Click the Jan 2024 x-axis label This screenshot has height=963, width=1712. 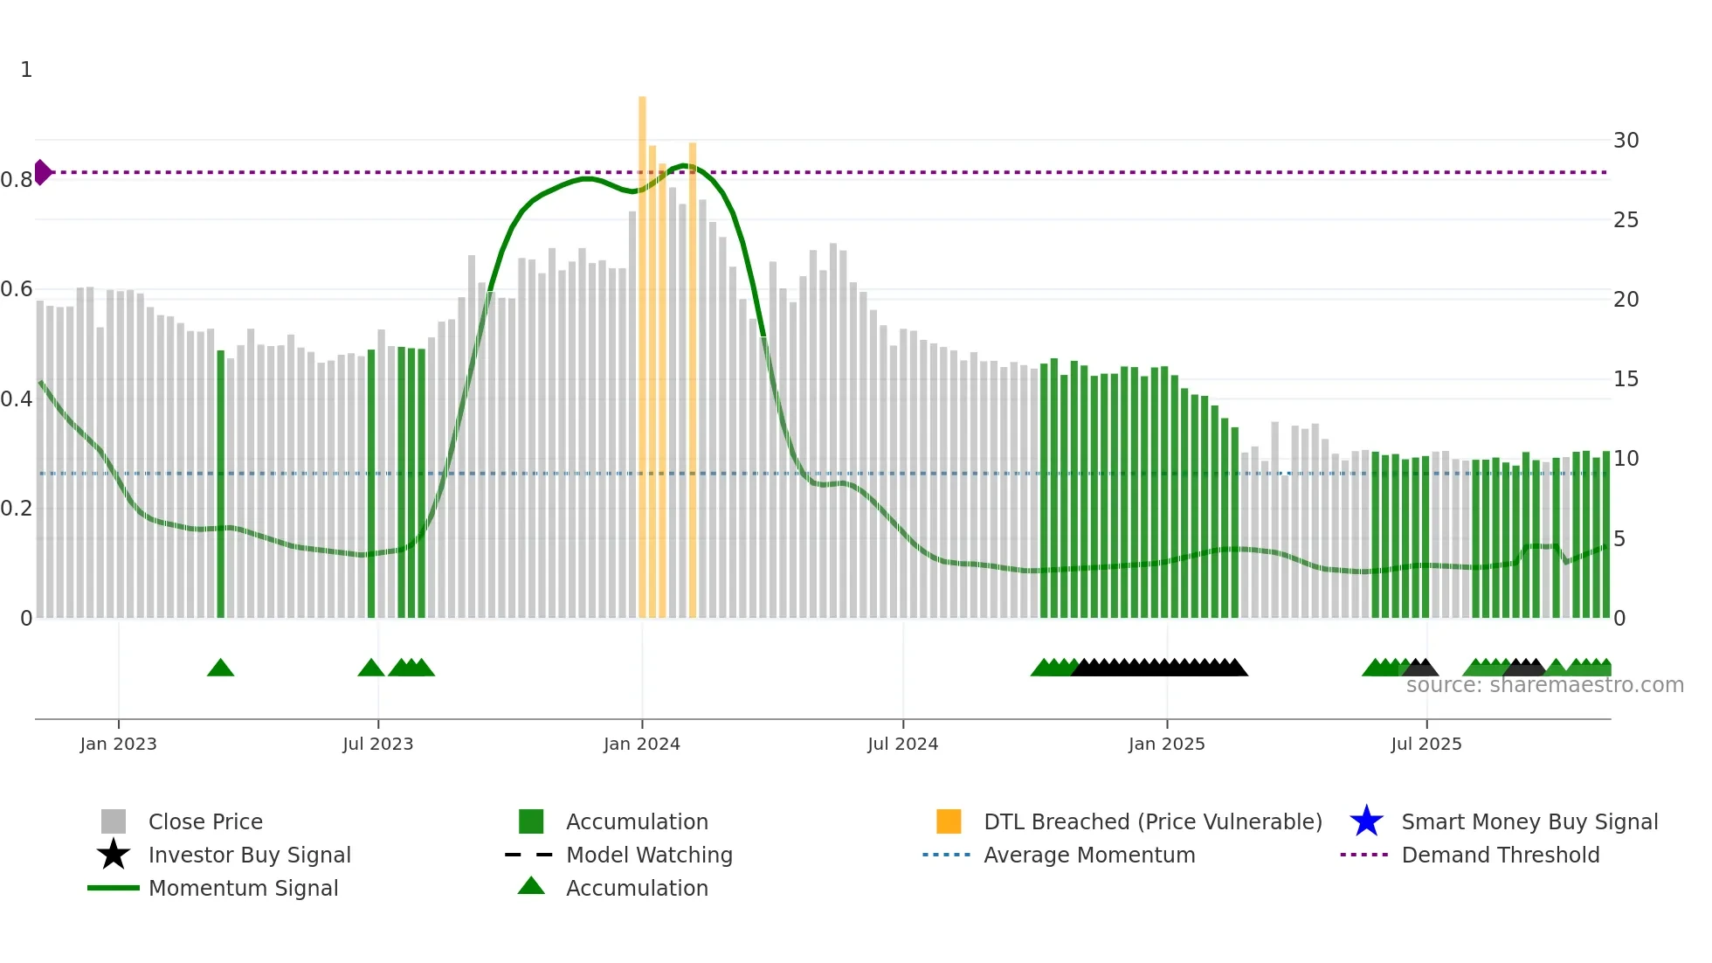click(641, 745)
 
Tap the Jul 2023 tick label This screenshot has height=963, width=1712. click(377, 745)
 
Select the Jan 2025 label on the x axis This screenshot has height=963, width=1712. click(1166, 745)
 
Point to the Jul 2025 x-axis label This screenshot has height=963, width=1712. click(1426, 745)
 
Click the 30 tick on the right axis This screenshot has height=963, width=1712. click(1626, 141)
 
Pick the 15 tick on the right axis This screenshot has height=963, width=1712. click(1626, 379)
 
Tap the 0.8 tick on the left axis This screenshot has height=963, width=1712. click(17, 180)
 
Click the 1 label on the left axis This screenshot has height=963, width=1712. click(26, 70)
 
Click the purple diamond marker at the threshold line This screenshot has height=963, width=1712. click(42, 172)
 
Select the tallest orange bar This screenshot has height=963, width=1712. click(642, 350)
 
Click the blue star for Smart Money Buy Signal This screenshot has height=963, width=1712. click(1366, 821)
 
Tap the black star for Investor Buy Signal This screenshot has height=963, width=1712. click(114, 855)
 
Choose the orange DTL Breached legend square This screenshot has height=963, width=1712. click(948, 821)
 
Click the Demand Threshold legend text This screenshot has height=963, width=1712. click(1500, 855)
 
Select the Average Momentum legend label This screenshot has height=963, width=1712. click(1089, 855)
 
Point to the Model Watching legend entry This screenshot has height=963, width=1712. click(649, 855)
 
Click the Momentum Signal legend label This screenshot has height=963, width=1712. click(243, 888)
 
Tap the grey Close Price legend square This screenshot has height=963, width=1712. click(114, 821)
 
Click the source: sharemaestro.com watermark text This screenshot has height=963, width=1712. click(1544, 685)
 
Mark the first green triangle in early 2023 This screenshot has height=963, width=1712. click(220, 669)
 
